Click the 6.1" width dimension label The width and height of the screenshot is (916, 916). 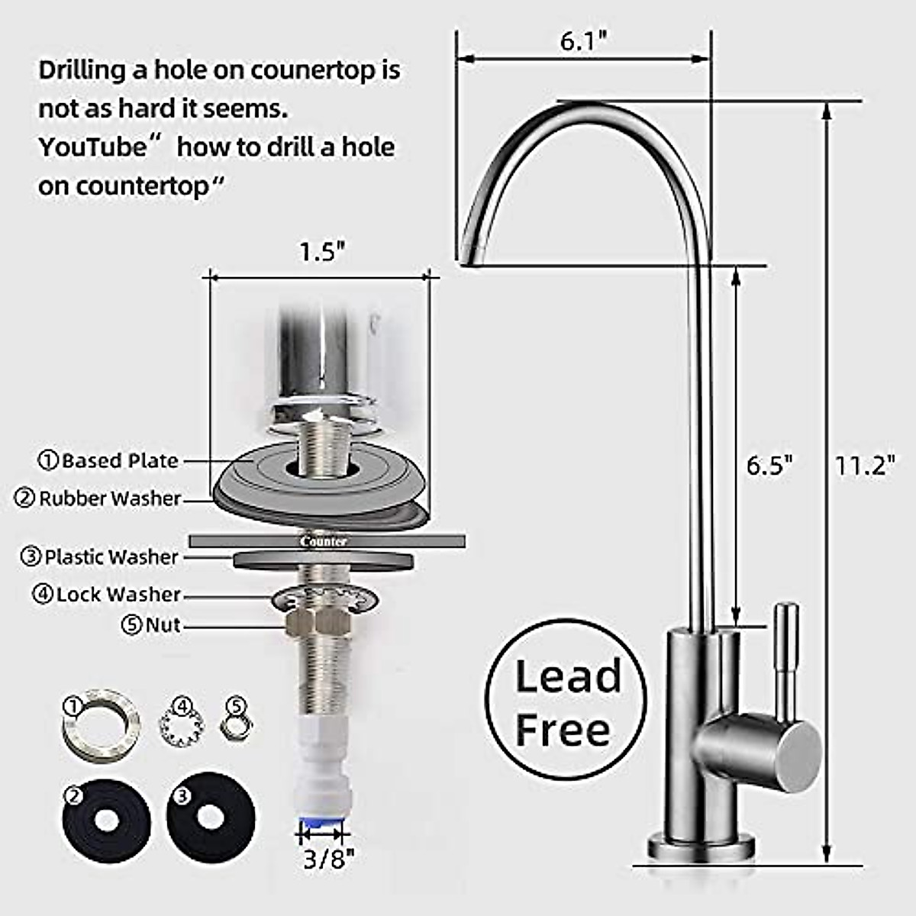tap(584, 41)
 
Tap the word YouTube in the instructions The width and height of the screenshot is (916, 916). tap(93, 147)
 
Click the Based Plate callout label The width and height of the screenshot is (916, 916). tap(108, 460)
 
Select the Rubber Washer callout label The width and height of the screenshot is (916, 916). tap(98, 498)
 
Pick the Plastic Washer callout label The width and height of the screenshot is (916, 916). tap(99, 556)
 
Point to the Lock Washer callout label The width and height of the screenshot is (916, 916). tap(106, 594)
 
